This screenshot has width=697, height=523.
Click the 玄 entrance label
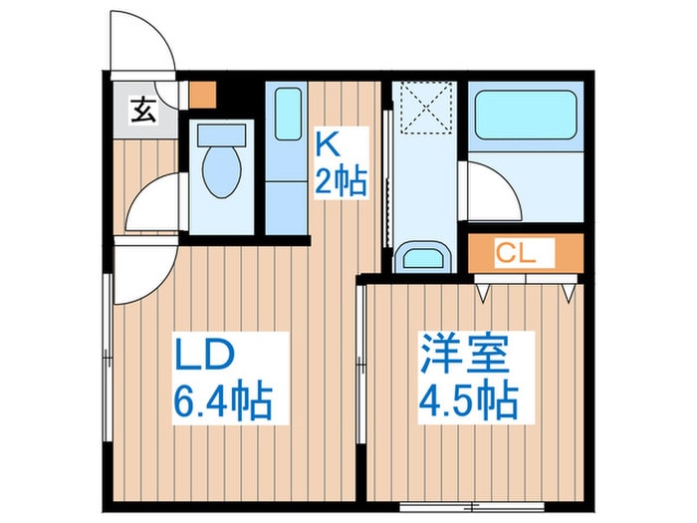pos(143,110)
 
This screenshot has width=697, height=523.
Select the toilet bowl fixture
pos(219,164)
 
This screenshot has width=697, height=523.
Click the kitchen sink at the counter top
pos(287,114)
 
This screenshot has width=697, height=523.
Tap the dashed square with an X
pos(423,108)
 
